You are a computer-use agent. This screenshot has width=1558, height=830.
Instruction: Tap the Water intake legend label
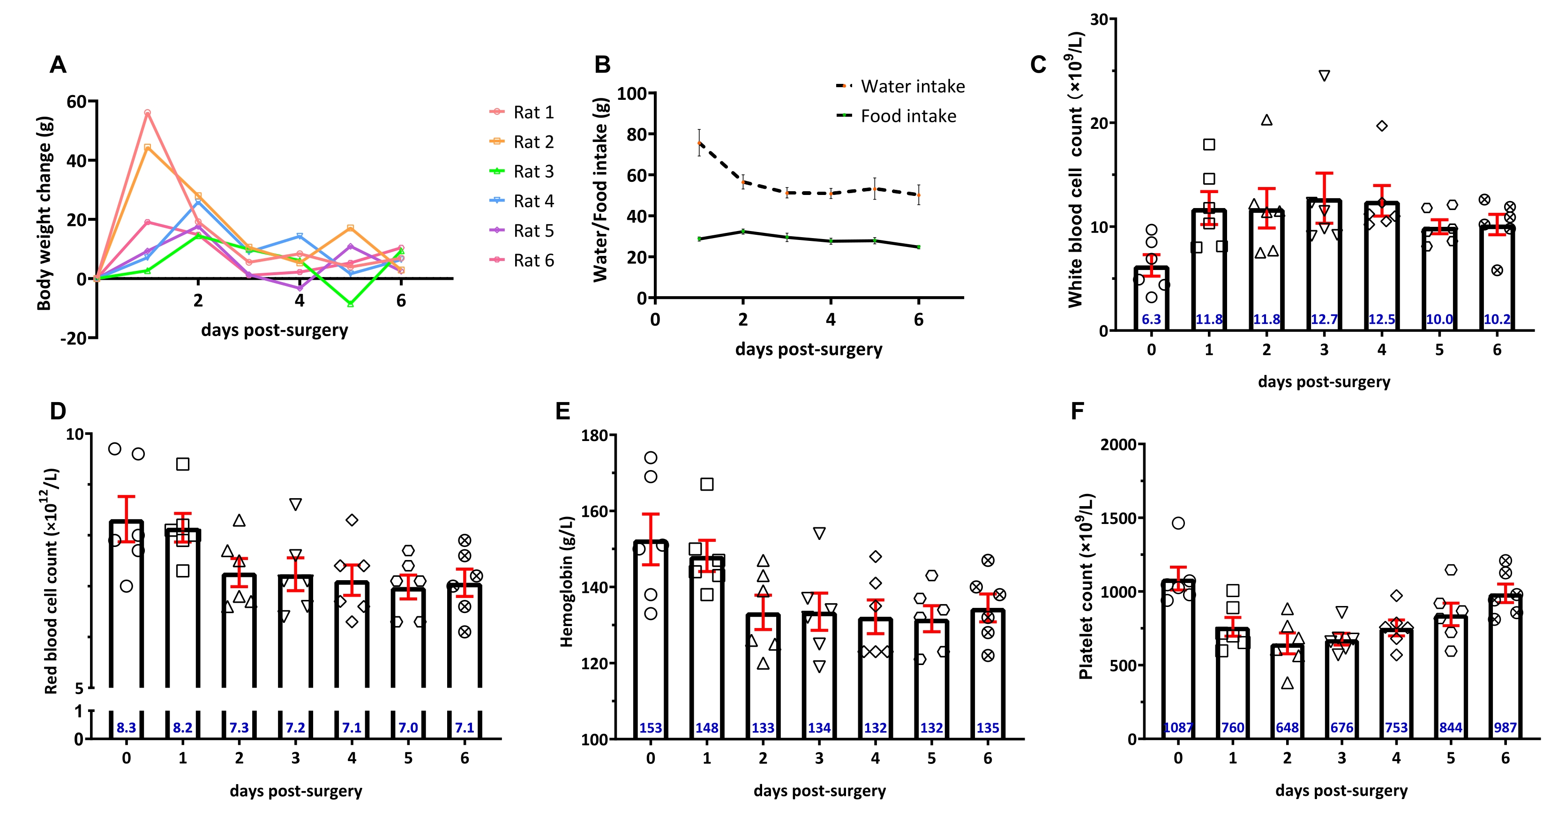912,87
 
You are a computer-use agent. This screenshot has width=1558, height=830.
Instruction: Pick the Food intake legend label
908,116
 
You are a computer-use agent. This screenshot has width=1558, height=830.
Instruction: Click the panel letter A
58,65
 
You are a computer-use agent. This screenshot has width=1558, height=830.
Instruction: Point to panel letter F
1077,411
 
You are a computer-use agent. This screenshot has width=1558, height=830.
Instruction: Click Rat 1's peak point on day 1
148,112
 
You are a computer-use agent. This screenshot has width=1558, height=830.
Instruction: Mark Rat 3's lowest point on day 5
351,303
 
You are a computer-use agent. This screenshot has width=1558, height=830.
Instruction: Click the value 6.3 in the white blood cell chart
1151,320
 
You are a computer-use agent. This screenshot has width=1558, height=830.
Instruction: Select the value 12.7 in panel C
1324,320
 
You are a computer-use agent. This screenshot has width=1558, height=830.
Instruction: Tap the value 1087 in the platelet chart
1177,728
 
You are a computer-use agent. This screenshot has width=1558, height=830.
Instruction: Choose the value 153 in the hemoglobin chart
651,728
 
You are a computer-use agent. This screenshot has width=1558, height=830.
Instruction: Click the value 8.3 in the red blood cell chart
127,728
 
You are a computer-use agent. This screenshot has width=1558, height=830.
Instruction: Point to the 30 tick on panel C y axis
1099,19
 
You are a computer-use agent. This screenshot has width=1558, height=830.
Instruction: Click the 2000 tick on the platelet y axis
1118,445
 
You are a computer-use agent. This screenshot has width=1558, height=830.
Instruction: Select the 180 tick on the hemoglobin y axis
594,435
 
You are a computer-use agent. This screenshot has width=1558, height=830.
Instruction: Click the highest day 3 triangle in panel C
1324,75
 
